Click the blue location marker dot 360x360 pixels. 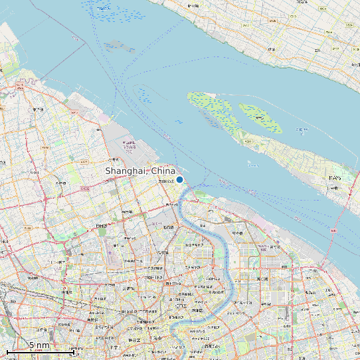pos(179,179)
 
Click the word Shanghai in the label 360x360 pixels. pos(126,171)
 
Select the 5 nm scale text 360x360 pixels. pos(39,345)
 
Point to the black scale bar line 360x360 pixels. pos(40,351)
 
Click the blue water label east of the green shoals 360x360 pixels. pos(302,130)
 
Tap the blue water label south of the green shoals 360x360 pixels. pos(253,163)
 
